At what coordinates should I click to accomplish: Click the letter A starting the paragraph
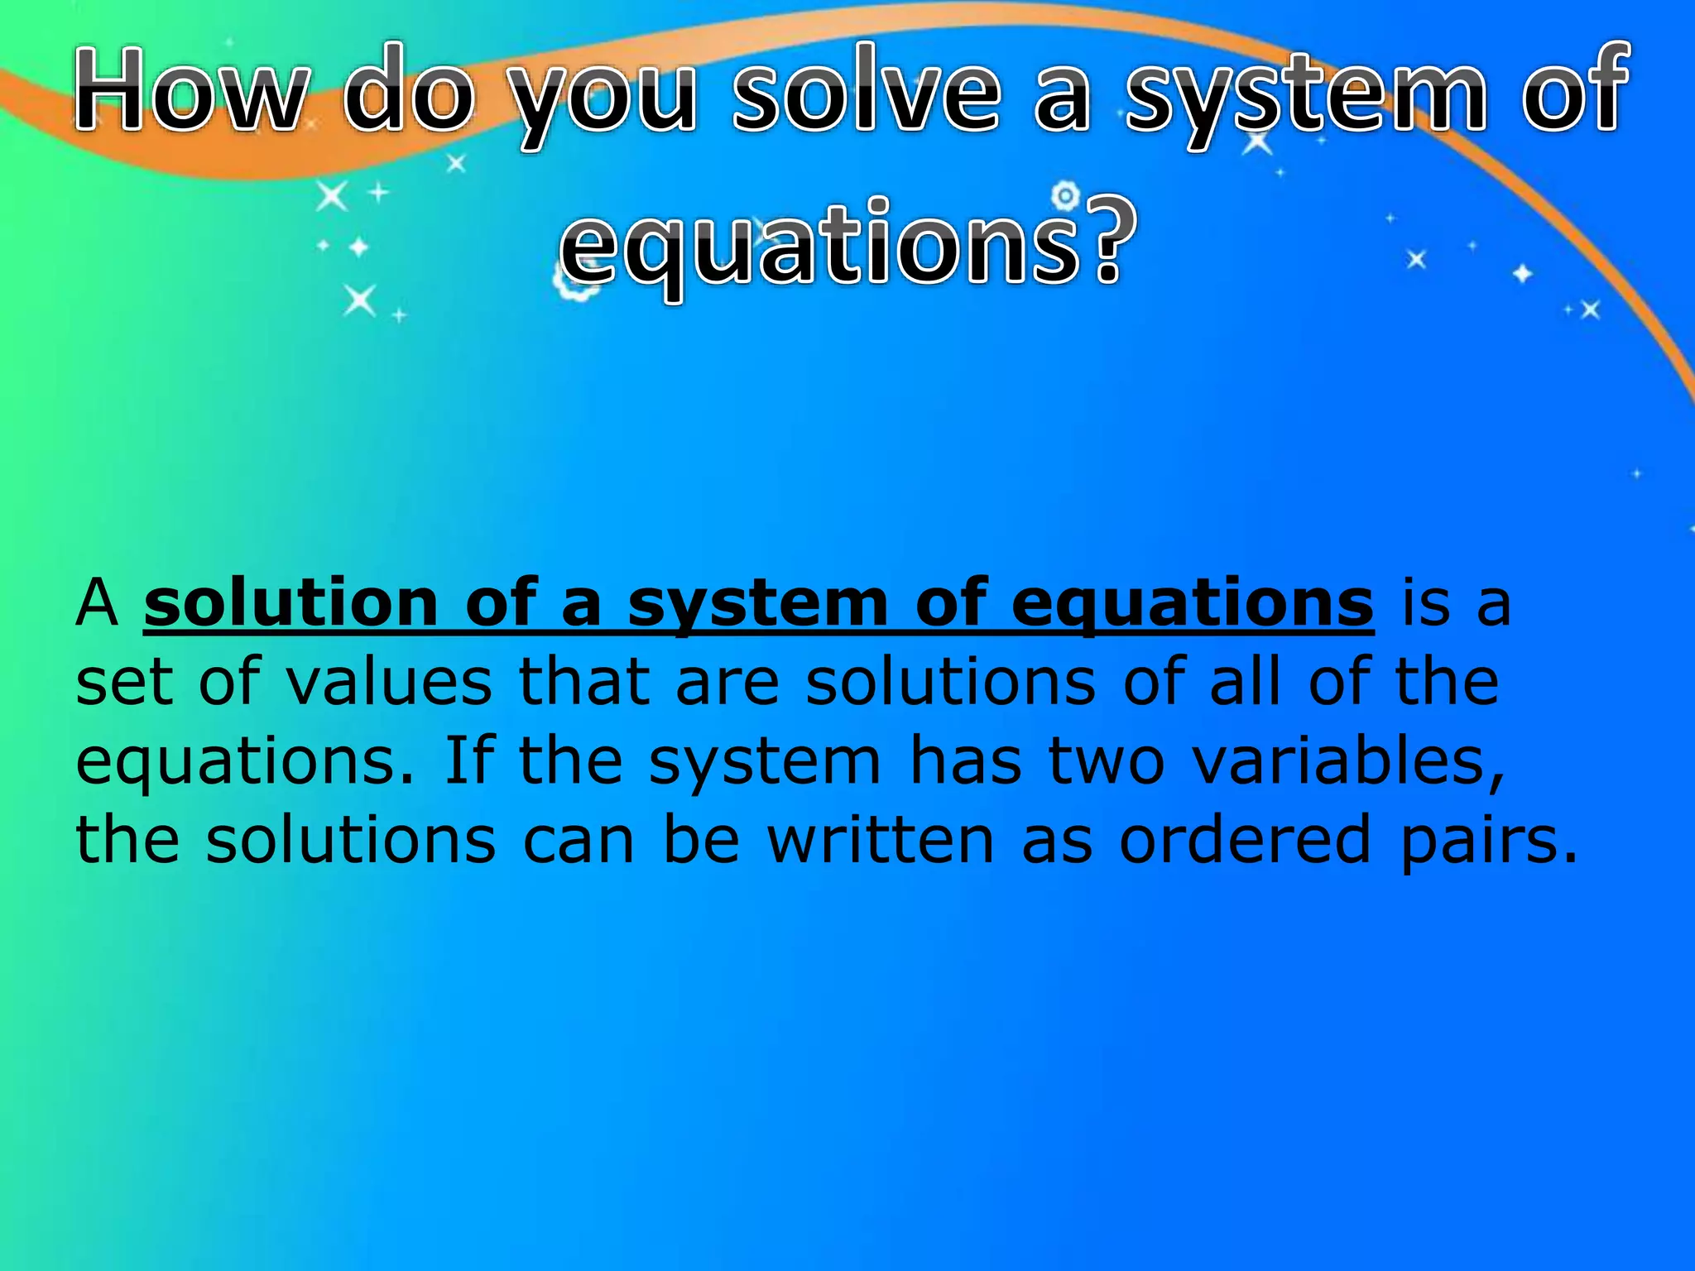[97, 604]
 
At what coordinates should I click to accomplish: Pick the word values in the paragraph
[389, 683]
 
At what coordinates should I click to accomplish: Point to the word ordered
[1246, 840]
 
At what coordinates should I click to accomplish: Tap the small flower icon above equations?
[1066, 196]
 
